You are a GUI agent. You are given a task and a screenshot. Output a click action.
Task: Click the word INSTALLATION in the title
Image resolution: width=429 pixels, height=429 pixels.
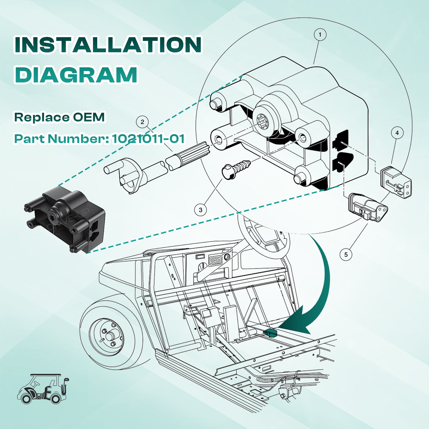click(x=108, y=45)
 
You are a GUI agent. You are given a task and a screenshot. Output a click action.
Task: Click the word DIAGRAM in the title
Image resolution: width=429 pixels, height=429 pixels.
click(x=76, y=75)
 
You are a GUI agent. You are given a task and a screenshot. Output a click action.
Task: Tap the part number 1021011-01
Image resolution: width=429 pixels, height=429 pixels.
click(x=148, y=139)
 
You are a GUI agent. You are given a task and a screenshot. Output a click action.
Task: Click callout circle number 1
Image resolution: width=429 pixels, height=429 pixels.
click(x=320, y=35)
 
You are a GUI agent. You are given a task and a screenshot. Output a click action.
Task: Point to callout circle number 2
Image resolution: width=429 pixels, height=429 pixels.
click(x=142, y=122)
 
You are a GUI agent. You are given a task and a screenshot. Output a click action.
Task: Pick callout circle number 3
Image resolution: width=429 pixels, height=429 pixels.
click(x=200, y=210)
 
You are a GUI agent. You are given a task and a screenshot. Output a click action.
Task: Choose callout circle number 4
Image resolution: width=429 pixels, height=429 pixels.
click(x=397, y=133)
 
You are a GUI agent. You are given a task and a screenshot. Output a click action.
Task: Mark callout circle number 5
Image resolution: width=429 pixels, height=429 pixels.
click(x=346, y=254)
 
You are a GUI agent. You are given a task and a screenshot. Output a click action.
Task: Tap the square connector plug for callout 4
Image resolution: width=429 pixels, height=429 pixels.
click(x=396, y=182)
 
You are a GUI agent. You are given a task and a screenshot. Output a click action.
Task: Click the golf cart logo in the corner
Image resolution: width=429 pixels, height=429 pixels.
click(x=43, y=389)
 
